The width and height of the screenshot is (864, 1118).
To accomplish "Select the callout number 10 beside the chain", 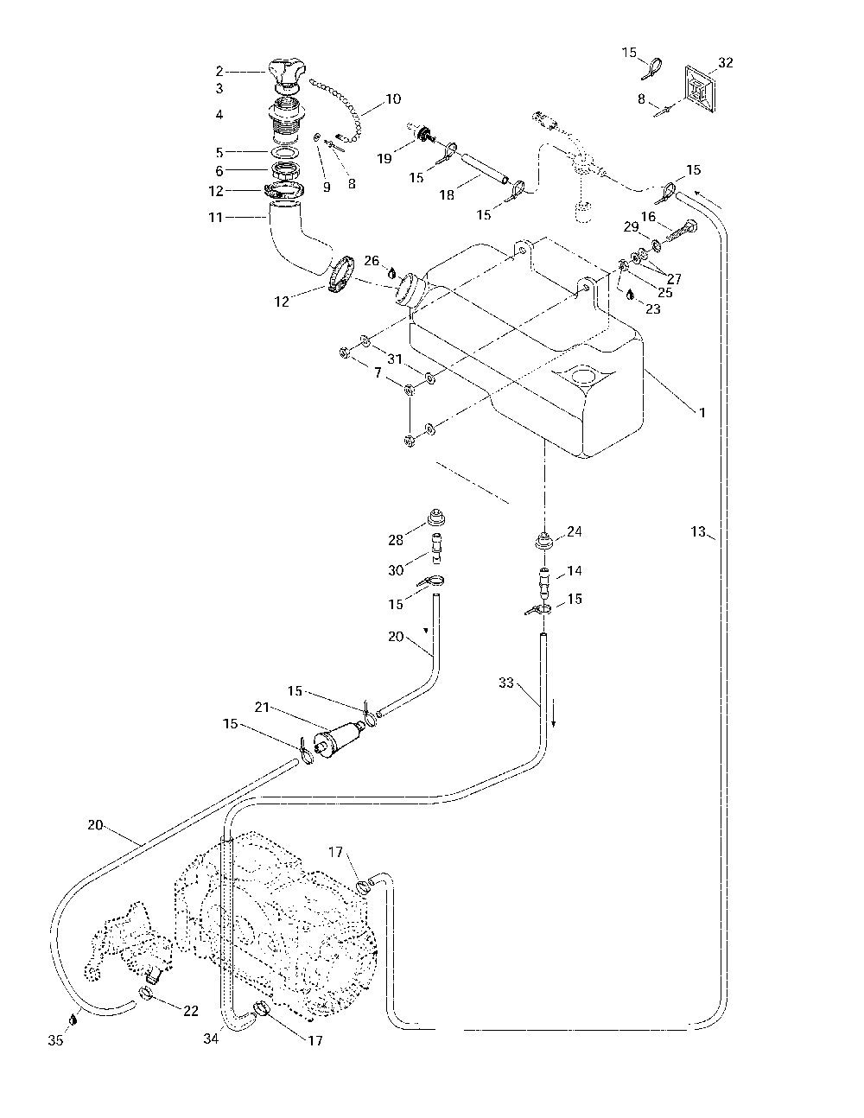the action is point(393,98).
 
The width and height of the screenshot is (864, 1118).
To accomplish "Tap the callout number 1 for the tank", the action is point(702,412).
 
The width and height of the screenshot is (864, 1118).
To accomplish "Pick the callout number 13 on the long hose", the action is point(698,531).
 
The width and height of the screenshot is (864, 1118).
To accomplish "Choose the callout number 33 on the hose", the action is point(506,683).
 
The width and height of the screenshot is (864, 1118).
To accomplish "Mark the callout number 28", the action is point(396,540).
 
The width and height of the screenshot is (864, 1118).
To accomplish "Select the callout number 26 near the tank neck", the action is point(372,260).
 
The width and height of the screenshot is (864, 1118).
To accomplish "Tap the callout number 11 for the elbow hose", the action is point(215,218).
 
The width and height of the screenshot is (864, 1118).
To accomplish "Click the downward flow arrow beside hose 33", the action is point(553,718).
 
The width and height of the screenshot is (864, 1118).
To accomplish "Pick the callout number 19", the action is point(384,158).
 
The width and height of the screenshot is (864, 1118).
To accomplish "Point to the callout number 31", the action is point(395,359).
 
